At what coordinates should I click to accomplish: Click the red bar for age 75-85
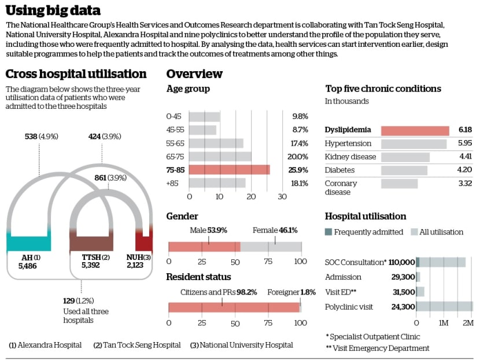[x=229, y=170]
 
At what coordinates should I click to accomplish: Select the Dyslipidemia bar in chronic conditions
[x=415, y=130]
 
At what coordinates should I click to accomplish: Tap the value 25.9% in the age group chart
[x=300, y=170]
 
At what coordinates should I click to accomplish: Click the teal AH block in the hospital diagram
[x=28, y=243]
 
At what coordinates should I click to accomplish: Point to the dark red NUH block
[x=143, y=242]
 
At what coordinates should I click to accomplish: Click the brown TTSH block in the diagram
[x=91, y=243]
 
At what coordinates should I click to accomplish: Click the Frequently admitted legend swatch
[x=328, y=232]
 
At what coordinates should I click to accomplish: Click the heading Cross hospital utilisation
[x=76, y=74]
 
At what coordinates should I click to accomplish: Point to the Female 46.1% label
[x=275, y=230]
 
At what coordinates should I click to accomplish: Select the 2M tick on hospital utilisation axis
[x=468, y=322]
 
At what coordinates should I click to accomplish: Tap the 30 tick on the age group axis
[x=282, y=197]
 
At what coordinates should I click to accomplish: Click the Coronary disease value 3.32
[x=465, y=183]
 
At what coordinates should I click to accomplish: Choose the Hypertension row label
[x=348, y=143]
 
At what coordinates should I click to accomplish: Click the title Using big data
[x=53, y=10]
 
